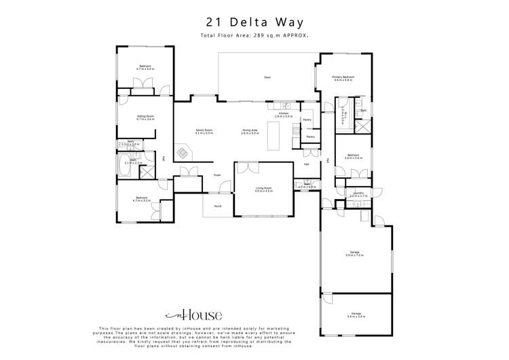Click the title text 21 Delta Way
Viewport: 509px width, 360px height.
point(254,22)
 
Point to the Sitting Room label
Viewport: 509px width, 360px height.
point(145,118)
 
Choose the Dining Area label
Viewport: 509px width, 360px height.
point(250,131)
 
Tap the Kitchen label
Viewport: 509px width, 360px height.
point(283,115)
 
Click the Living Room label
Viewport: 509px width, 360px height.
point(263,190)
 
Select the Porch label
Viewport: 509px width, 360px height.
point(218,206)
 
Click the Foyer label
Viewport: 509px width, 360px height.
point(217,175)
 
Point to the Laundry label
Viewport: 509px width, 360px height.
point(358,194)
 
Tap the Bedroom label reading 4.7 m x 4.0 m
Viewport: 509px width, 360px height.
point(143,67)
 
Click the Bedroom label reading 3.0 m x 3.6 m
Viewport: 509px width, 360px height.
point(353,156)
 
